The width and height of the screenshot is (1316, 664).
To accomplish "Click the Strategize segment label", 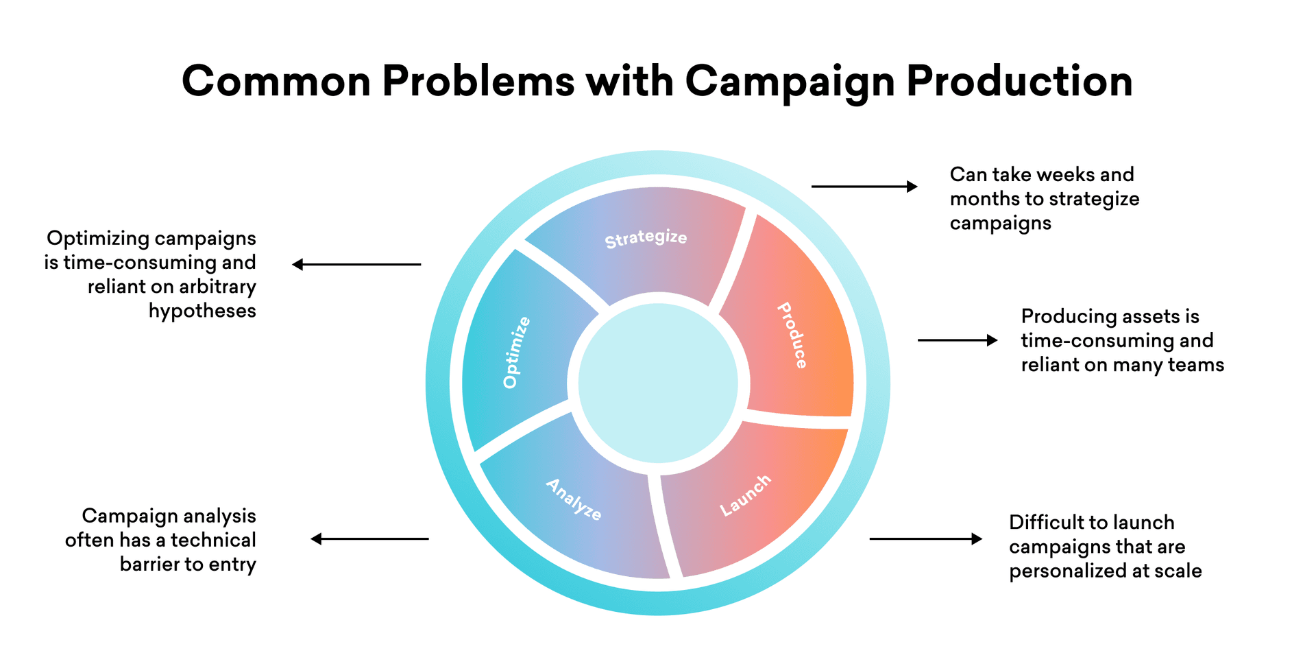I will point(645,238).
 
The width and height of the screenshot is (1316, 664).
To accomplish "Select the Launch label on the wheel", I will point(745,495).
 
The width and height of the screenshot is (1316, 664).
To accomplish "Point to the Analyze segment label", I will point(574,499).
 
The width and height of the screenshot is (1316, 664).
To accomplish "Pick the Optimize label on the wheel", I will point(516,353).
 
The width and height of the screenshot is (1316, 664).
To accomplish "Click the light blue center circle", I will point(658,383).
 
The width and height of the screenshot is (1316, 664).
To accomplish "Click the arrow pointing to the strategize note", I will point(864,186).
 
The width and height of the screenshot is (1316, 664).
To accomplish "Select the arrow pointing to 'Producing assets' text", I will point(957,340).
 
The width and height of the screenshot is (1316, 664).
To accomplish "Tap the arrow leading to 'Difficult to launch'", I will point(925,539).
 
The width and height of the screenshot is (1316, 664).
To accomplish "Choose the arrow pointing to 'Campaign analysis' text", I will point(370,539).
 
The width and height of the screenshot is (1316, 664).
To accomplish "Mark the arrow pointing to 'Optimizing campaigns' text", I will point(356,264).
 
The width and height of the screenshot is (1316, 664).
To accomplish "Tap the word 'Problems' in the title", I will point(478,81).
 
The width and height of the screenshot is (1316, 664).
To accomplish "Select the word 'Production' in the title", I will point(1019,81).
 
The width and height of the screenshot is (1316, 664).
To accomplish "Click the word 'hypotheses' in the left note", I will point(202,311).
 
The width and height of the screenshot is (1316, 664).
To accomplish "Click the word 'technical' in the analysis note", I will point(213,541).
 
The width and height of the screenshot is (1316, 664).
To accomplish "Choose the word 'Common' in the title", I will point(276,81).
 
